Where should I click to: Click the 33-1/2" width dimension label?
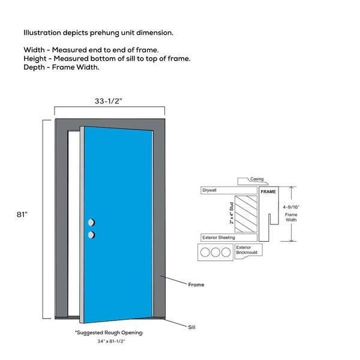[109, 101]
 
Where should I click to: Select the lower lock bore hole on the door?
[91, 234]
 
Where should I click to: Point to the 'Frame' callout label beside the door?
[196, 284]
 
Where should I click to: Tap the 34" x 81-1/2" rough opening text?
[109, 341]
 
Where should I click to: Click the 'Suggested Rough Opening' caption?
[109, 332]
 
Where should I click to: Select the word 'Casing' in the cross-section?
[257, 179]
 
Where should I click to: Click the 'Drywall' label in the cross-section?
[210, 190]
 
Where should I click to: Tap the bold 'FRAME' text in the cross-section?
[268, 191]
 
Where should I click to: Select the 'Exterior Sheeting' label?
[218, 238]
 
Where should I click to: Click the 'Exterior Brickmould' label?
[245, 250]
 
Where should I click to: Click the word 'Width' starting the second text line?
[35, 49]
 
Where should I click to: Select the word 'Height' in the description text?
[36, 58]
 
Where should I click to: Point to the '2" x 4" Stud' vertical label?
[232, 213]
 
